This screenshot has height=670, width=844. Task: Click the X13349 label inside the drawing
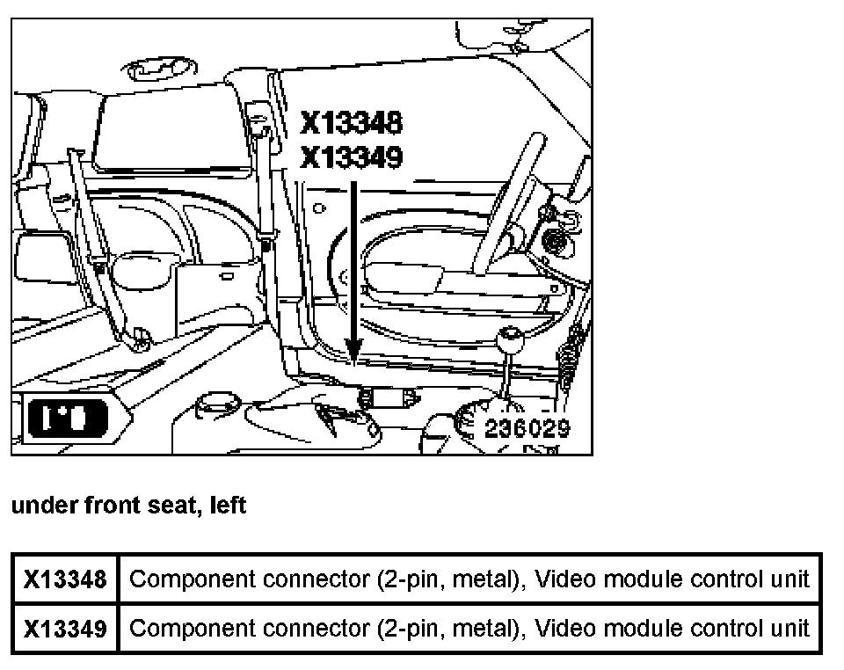tap(351, 157)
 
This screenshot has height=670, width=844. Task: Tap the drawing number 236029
tap(527, 428)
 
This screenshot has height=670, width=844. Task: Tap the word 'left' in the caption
tap(228, 506)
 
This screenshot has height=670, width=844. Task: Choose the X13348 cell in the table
tap(65, 579)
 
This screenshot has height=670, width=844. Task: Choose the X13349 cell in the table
tap(65, 629)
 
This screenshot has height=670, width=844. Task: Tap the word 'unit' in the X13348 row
tap(789, 579)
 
